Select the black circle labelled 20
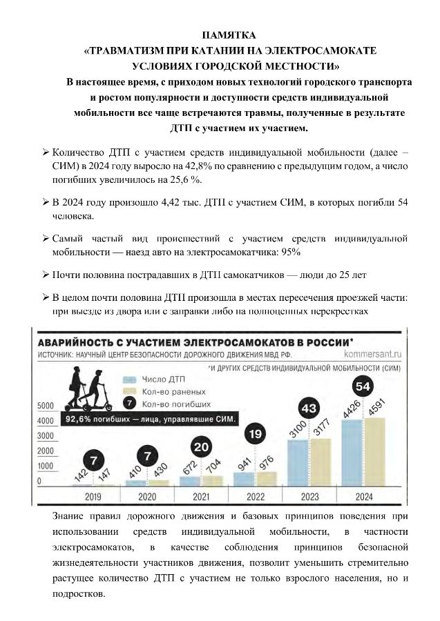(x=202, y=447)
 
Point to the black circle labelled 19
(x=255, y=435)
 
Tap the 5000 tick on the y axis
(x=46, y=405)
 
